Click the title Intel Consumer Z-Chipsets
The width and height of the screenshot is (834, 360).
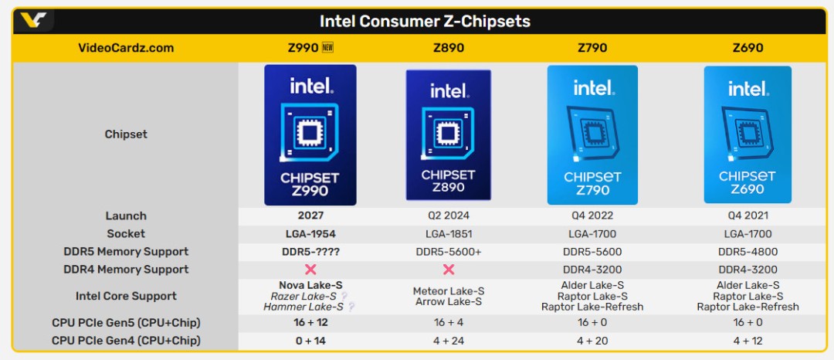pyautogui.click(x=425, y=21)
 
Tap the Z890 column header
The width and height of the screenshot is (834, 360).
pyautogui.click(x=449, y=48)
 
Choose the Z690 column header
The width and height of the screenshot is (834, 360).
pyautogui.click(x=748, y=48)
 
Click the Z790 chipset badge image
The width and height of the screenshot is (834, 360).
pyautogui.click(x=592, y=134)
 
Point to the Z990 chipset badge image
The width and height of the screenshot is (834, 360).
pyautogui.click(x=310, y=134)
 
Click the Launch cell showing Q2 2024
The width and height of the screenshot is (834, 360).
pyautogui.click(x=449, y=216)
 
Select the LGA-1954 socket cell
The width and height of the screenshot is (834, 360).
pyautogui.click(x=310, y=234)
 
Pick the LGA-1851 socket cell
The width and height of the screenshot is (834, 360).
pyautogui.click(x=449, y=234)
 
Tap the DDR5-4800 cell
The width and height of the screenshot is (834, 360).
pyautogui.click(x=748, y=252)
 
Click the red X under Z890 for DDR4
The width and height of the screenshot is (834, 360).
pyautogui.click(x=449, y=270)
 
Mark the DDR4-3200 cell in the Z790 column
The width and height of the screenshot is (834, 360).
pyautogui.click(x=592, y=270)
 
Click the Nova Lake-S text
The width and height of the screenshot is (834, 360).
pyautogui.click(x=310, y=285)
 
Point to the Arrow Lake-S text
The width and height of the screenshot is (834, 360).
pyautogui.click(x=449, y=301)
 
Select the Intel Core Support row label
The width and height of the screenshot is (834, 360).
pyautogui.click(x=126, y=296)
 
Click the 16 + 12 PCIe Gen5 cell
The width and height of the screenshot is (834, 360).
pyautogui.click(x=310, y=323)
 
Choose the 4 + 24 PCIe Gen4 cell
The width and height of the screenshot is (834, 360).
pyautogui.click(x=449, y=341)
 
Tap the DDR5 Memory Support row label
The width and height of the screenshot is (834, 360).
pyautogui.click(x=126, y=252)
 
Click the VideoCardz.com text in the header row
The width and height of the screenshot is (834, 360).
pyautogui.click(x=126, y=48)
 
